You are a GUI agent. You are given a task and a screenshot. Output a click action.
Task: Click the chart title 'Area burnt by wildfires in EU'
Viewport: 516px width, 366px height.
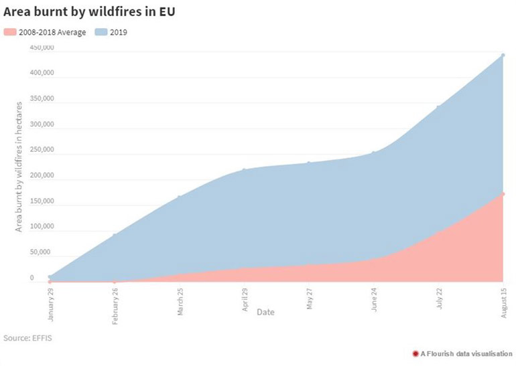pos(94,13)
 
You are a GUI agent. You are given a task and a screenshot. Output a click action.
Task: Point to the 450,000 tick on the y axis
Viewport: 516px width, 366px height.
pos(42,48)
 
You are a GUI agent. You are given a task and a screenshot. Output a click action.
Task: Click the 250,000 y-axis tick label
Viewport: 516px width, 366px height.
pos(42,151)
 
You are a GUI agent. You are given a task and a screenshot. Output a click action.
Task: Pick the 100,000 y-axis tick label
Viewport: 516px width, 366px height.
pos(42,227)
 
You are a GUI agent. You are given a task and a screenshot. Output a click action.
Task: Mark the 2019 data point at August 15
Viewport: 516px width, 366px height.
pos(503,56)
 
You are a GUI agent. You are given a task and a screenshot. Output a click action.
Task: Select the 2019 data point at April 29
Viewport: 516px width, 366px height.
pos(244,170)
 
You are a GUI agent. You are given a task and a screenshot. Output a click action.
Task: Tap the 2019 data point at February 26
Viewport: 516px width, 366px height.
pos(115,235)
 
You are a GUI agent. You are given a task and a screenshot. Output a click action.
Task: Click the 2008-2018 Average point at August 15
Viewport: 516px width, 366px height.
pos(503,194)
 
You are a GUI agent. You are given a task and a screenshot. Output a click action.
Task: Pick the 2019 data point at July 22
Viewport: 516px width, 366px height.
pos(438,107)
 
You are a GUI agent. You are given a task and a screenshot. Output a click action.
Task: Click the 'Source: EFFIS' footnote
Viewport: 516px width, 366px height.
pos(27,338)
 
